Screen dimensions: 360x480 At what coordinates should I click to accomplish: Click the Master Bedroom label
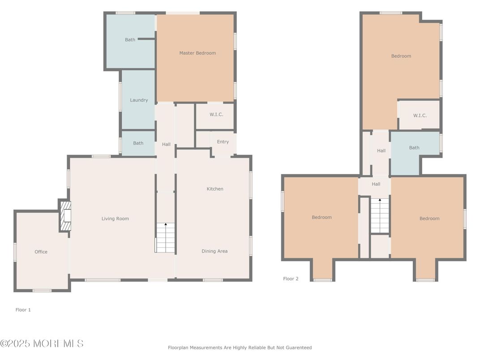[197, 53]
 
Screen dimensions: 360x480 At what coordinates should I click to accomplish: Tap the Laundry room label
[139, 100]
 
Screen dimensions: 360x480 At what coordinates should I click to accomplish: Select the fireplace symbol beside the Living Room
[66, 216]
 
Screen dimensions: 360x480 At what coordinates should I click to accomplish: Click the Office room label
[41, 252]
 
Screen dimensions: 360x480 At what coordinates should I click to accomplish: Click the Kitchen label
[215, 189]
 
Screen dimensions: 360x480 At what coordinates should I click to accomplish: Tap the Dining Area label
[214, 251]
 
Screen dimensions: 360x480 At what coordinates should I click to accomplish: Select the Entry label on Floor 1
[223, 142]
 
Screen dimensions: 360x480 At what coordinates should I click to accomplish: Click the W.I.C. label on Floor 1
[216, 115]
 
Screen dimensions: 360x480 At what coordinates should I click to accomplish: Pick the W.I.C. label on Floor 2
[420, 116]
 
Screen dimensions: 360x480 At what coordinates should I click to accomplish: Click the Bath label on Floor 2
[414, 148]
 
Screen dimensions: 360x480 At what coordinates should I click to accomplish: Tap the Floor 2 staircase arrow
[380, 201]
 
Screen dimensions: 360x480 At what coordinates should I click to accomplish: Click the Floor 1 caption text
[23, 310]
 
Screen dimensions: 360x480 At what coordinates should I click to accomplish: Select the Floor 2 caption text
[291, 279]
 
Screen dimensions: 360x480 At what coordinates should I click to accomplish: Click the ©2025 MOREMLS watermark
[42, 343]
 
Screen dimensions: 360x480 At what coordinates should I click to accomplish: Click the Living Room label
[115, 219]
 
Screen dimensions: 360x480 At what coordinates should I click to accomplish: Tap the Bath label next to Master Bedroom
[130, 40]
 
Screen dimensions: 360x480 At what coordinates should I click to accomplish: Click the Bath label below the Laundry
[138, 143]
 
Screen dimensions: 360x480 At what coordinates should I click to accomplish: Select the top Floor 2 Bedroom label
[401, 56]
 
